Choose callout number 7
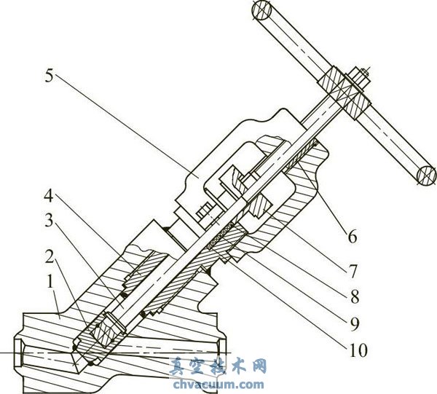point(353,272)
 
